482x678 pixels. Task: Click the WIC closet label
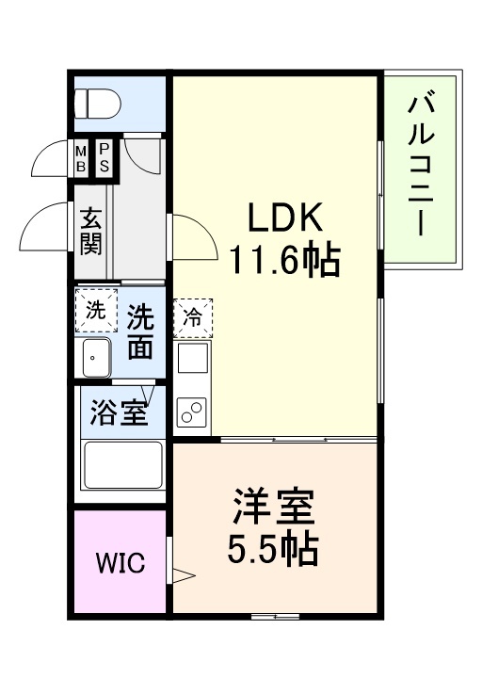tap(120, 564)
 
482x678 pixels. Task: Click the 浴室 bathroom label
tap(118, 413)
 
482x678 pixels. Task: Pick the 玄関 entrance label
tap(91, 232)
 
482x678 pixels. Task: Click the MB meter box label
tap(82, 158)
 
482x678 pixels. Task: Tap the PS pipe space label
tap(104, 158)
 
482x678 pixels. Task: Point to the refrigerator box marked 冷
tap(192, 318)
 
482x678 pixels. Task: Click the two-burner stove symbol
tap(192, 412)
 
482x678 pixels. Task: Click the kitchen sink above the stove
tap(192, 361)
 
